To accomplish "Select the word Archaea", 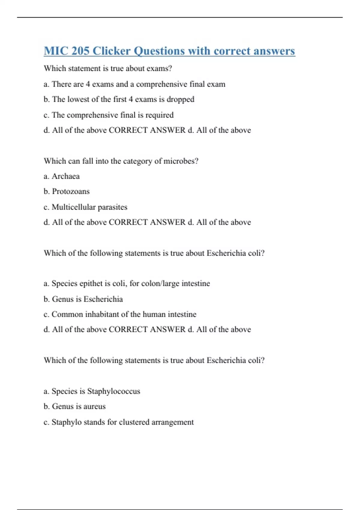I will [x=66, y=176].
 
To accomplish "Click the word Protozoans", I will [x=71, y=191].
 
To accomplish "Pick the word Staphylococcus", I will [x=114, y=391].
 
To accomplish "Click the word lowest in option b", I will [x=79, y=99].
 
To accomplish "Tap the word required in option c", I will [x=159, y=115].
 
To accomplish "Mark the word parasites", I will [x=112, y=207].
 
